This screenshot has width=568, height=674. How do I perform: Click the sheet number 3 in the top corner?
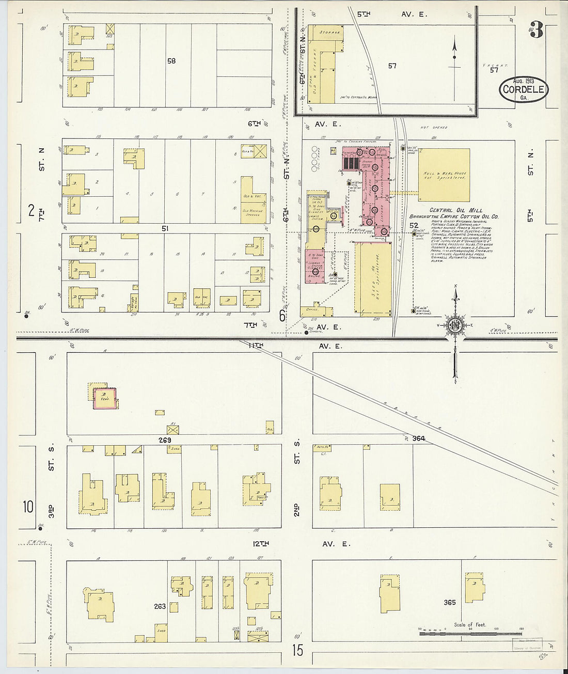536,32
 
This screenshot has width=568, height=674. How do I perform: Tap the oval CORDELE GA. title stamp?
524,90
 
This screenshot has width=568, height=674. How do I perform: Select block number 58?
171,61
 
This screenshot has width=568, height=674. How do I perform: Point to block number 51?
165,228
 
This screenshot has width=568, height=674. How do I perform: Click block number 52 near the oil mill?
414,226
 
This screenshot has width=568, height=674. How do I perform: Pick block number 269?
165,440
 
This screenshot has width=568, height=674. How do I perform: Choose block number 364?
418,438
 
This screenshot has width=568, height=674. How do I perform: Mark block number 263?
160,606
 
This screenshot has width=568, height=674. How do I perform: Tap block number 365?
449,602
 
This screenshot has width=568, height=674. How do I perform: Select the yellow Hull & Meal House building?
444,175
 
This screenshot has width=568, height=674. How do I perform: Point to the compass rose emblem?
455,325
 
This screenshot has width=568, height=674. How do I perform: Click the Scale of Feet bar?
470,632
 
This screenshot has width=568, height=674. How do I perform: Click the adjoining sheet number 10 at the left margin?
28,507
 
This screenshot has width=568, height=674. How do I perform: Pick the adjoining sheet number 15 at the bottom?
298,650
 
